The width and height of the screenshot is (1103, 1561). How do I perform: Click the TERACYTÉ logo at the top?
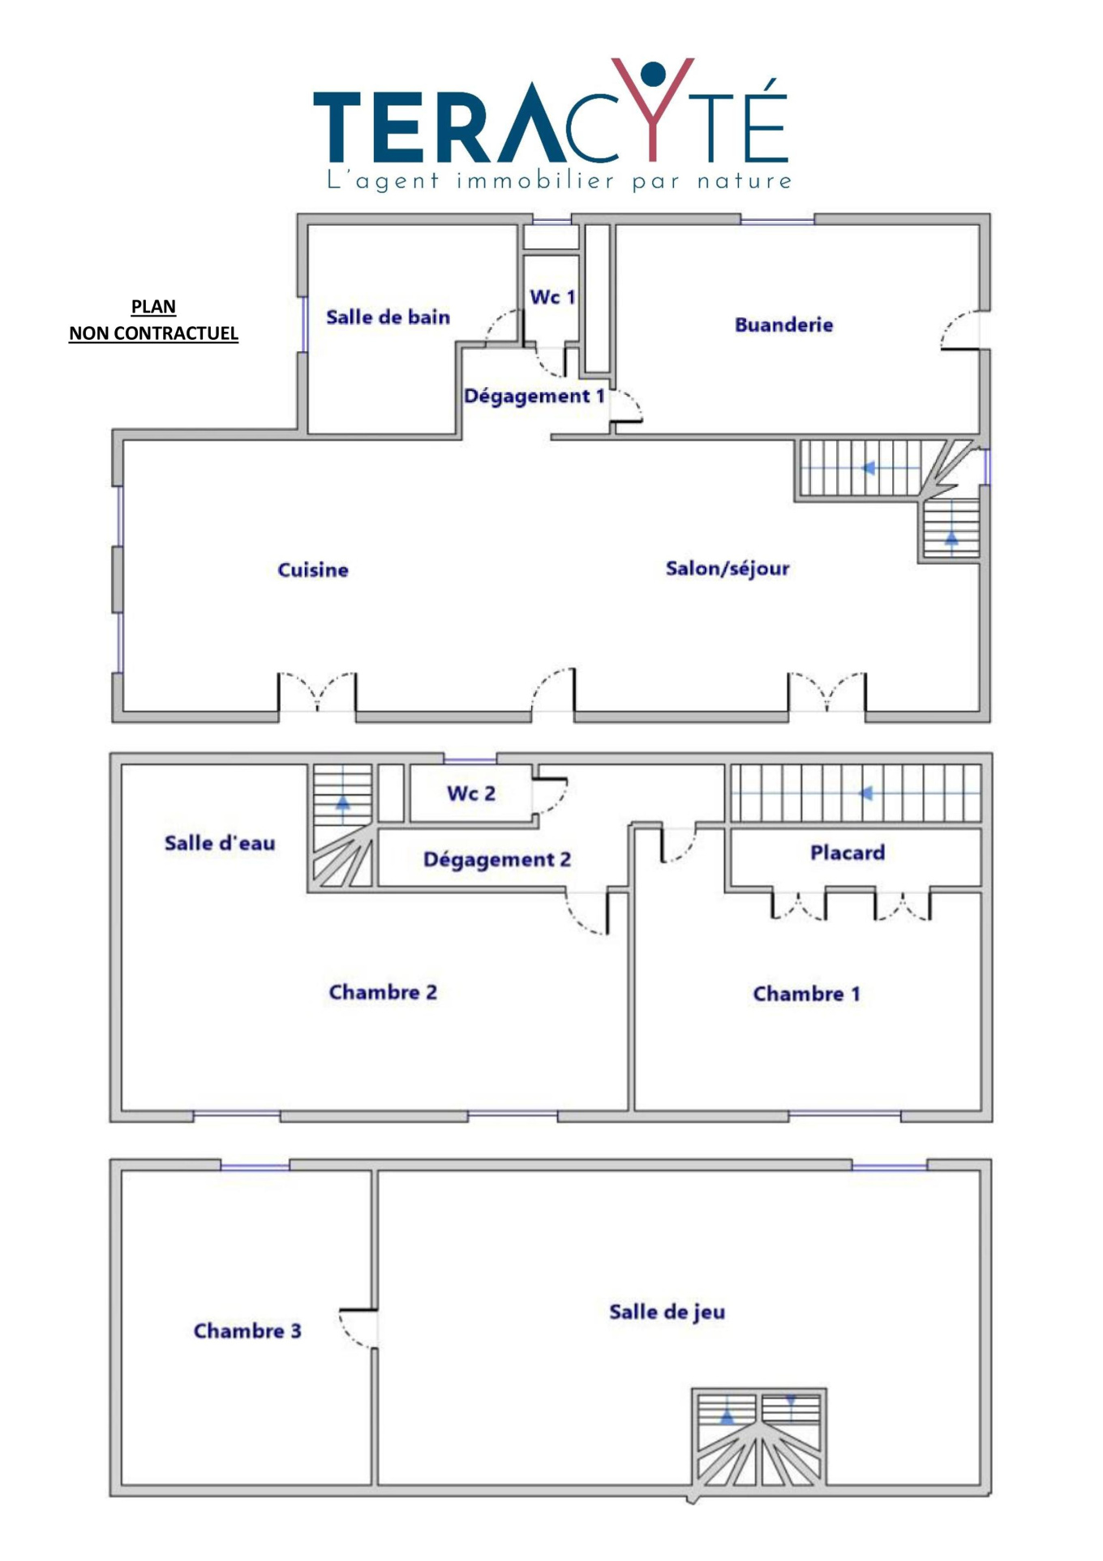[551, 123]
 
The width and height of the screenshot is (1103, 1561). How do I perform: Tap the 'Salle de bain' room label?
[388, 317]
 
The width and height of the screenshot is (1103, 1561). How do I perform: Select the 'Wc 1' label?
[552, 297]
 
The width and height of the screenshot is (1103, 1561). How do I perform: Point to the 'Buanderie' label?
[783, 325]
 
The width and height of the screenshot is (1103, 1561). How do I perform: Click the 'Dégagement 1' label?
[534, 396]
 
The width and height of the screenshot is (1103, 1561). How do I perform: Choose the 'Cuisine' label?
[313, 570]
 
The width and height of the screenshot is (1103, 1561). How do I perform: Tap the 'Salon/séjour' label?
[727, 569]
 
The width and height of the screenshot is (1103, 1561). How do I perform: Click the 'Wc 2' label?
[470, 793]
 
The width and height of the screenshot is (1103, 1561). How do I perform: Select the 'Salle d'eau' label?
[220, 843]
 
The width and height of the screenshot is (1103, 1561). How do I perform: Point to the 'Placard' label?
[848, 853]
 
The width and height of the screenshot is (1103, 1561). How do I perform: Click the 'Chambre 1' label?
[806, 994]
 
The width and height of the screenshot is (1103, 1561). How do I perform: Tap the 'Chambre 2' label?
[383, 992]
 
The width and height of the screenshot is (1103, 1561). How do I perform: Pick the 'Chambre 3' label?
[247, 1331]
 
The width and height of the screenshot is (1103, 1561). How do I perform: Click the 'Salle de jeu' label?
[667, 1312]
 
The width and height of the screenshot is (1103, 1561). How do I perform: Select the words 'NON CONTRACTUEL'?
[153, 333]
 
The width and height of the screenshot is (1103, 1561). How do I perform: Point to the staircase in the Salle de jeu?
[758, 1437]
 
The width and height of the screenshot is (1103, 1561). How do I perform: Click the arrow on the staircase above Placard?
[865, 793]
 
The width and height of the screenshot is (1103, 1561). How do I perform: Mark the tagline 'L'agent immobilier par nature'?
[559, 180]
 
